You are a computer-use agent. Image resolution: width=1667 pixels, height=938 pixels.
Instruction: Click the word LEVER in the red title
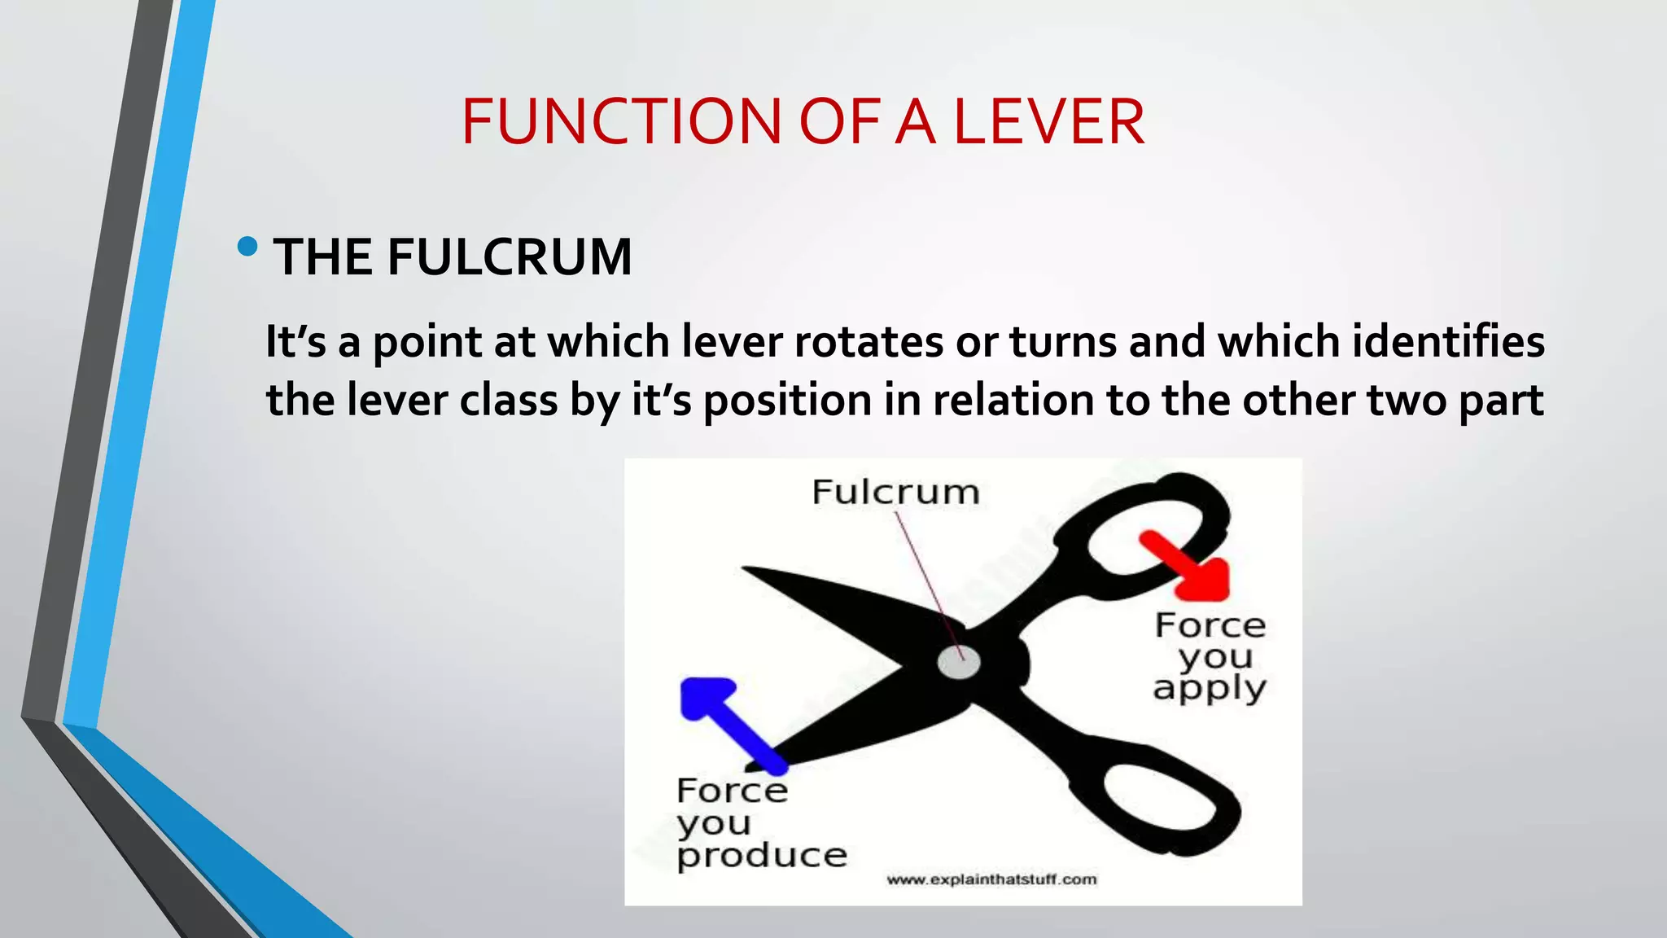pyautogui.click(x=1048, y=122)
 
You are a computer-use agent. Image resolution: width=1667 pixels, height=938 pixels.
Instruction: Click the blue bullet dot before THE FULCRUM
pyautogui.click(x=248, y=246)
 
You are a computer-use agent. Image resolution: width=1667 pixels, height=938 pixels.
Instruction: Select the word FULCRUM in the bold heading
pyautogui.click(x=510, y=257)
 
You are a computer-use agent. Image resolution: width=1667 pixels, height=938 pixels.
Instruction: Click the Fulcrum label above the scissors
pyautogui.click(x=895, y=492)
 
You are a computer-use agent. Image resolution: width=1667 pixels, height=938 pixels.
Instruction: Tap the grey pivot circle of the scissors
pyautogui.click(x=959, y=662)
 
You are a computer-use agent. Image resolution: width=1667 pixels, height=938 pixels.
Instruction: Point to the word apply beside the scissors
pyautogui.click(x=1210, y=689)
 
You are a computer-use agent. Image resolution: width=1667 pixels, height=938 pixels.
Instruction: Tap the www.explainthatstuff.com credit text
pyautogui.click(x=991, y=879)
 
